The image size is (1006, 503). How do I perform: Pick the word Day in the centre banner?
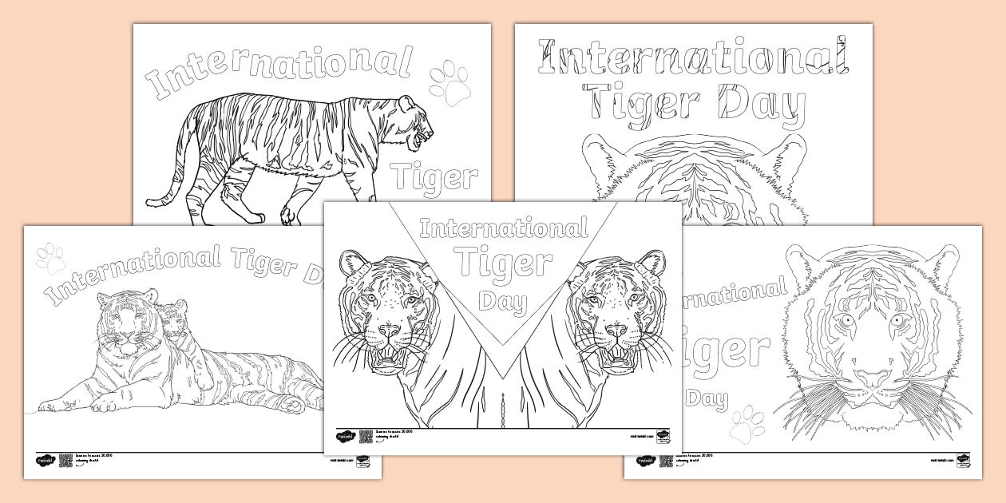503,302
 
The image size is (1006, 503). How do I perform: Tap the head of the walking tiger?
415,124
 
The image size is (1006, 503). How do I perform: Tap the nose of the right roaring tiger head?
616,331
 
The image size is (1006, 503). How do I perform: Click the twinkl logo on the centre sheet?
344,437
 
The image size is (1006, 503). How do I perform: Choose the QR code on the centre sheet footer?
366,436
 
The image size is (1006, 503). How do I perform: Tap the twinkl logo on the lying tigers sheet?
43,461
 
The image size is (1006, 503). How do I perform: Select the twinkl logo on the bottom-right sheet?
644,461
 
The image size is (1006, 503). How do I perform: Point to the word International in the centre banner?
503,231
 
